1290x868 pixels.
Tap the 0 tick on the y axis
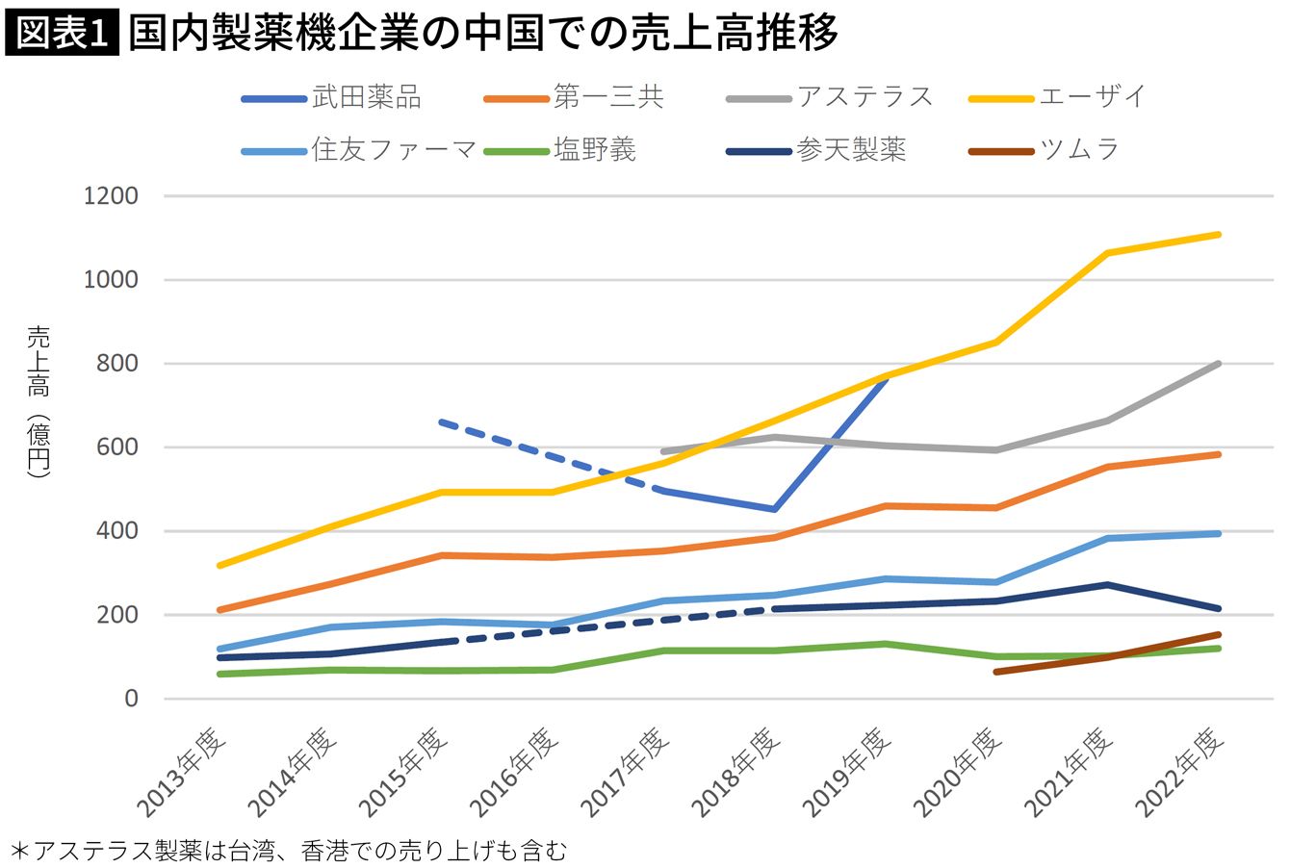[x=132, y=699]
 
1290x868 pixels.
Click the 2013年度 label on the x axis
[x=183, y=770]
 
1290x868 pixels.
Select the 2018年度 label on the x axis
[x=737, y=770]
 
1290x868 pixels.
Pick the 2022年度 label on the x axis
[x=1182, y=770]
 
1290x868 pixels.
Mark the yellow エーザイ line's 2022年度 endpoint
[x=1219, y=234]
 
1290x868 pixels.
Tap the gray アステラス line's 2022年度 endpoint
[x=1219, y=364]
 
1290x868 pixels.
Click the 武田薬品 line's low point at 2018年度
[x=774, y=509]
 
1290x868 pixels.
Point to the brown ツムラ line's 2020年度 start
[x=995, y=672]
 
